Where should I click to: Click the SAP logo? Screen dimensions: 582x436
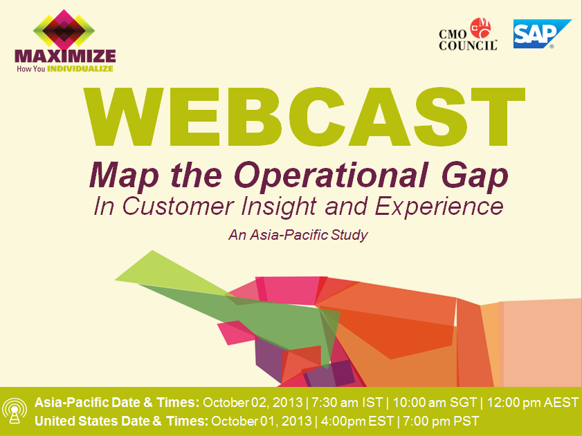coord(542,34)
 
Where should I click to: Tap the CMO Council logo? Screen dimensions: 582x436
coord(468,34)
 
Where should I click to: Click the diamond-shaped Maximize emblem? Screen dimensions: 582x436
coord(64,30)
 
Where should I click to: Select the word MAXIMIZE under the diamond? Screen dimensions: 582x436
coord(65,57)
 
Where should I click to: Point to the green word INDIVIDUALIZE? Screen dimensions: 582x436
coord(80,68)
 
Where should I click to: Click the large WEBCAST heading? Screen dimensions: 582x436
coord(304,117)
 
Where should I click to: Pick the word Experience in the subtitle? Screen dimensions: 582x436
coord(439,207)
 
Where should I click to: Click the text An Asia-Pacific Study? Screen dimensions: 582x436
coord(298,235)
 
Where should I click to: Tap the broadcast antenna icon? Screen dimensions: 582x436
coord(15,411)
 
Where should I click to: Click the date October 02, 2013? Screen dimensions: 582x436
coord(253,403)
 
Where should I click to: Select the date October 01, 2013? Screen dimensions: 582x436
coord(261,421)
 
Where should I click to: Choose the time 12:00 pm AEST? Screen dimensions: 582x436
coord(532,403)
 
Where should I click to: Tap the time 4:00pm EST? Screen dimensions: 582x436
coord(357,421)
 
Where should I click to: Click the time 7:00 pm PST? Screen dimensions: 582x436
coord(441,421)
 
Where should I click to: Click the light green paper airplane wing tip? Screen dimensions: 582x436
coord(116,280)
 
